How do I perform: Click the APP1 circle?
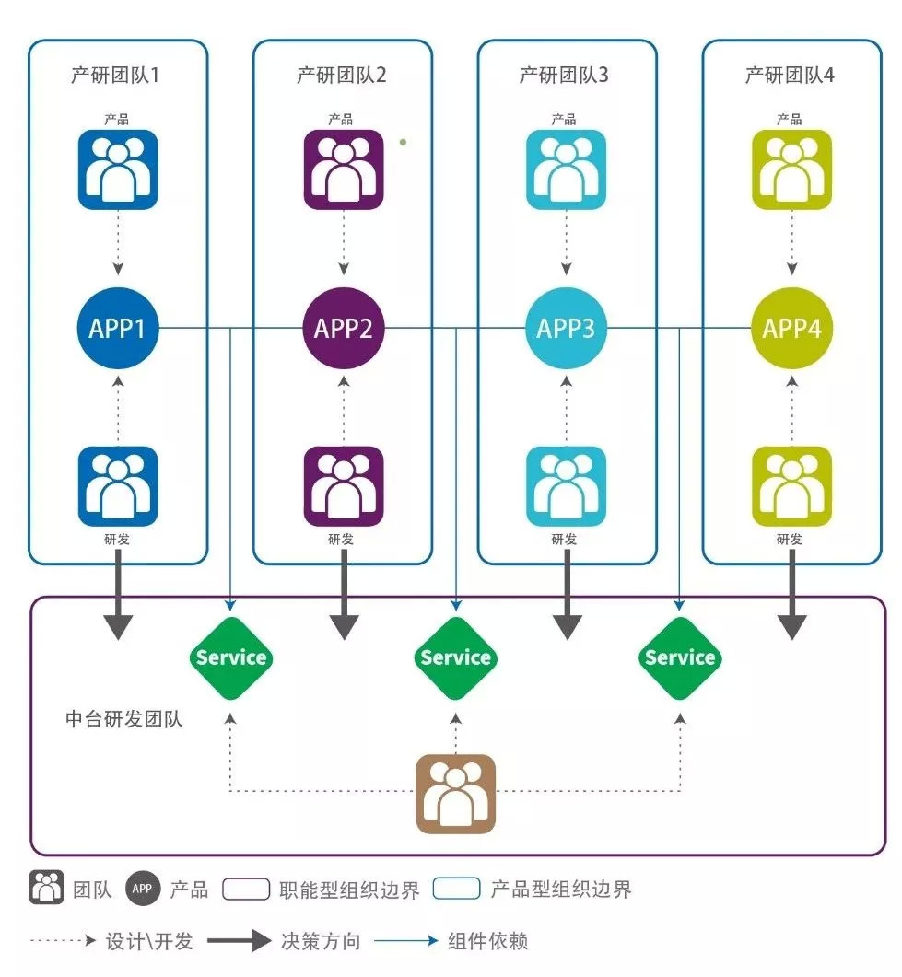tap(118, 329)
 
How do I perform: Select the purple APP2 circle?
tap(343, 329)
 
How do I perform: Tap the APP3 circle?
tap(566, 329)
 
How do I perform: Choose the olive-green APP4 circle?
tap(791, 329)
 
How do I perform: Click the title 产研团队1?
tap(115, 76)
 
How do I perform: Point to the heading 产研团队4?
tap(790, 76)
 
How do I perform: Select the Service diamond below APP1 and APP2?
tap(231, 657)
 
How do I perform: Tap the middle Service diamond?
tap(455, 657)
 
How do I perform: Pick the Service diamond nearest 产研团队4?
tap(680, 657)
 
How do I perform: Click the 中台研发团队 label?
tap(124, 719)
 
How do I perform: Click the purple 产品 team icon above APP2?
tap(343, 169)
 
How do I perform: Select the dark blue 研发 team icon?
tap(117, 486)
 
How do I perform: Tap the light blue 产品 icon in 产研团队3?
tap(566, 169)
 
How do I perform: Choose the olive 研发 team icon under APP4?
tap(791, 486)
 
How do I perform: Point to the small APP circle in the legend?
tap(142, 889)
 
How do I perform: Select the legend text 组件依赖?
tap(487, 941)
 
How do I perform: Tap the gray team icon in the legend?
tap(46, 889)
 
